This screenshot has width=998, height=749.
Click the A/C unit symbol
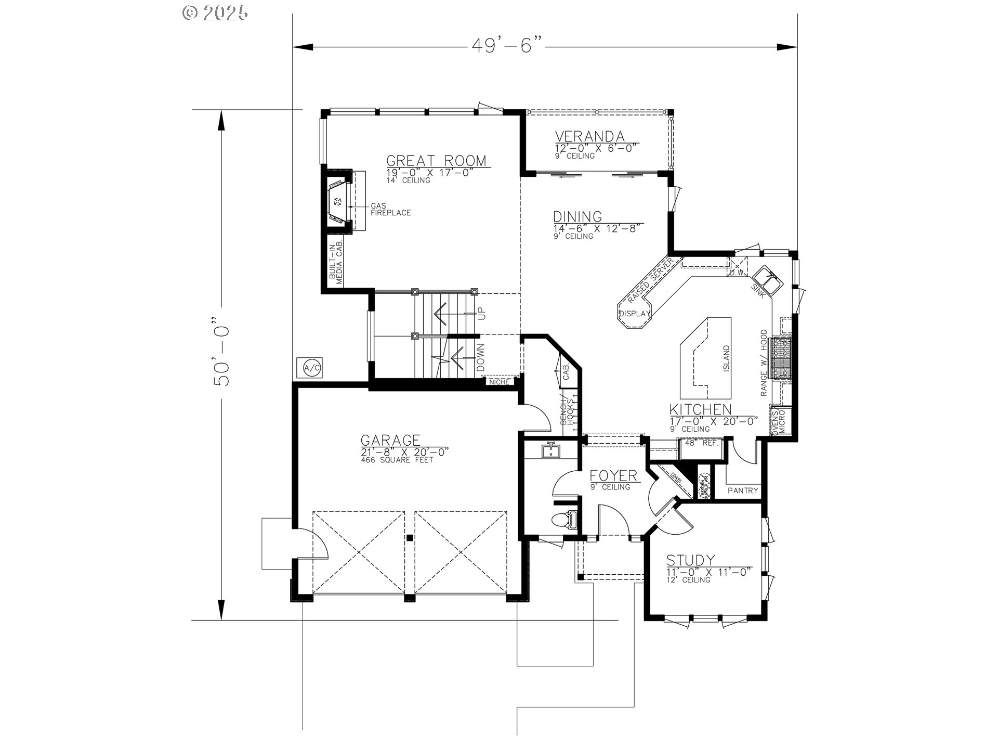(x=312, y=368)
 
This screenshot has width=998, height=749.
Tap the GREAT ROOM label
(x=436, y=160)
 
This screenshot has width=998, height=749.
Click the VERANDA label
(x=589, y=136)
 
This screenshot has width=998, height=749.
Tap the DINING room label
(x=577, y=216)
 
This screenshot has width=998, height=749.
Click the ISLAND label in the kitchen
(x=726, y=359)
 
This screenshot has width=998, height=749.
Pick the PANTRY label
(x=743, y=490)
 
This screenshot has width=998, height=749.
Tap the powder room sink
(x=550, y=450)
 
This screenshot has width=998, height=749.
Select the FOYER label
(x=613, y=476)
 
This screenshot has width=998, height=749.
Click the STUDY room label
(x=690, y=560)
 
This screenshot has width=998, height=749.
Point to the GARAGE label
(x=390, y=441)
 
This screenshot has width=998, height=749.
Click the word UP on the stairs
(x=482, y=314)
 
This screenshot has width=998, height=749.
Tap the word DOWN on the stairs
(x=481, y=358)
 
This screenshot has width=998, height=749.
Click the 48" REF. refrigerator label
(x=702, y=443)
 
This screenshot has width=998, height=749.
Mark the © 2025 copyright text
(x=215, y=12)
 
